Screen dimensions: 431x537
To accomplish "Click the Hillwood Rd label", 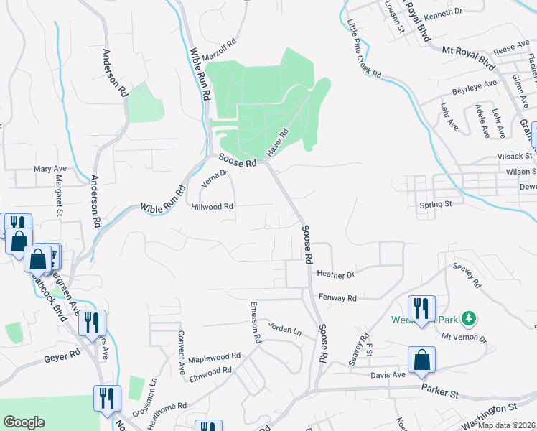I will (213, 206).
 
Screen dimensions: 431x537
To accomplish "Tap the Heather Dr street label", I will (336, 274).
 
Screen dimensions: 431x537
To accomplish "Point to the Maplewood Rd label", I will (215, 356).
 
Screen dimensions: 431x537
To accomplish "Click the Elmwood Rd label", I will (210, 371).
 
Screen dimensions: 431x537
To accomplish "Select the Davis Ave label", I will (388, 374).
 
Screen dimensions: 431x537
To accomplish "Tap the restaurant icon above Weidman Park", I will (421, 307).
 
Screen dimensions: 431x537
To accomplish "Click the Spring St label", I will (436, 205).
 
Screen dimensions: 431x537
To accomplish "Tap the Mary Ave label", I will (49, 170).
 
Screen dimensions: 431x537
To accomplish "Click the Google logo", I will (24, 422).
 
